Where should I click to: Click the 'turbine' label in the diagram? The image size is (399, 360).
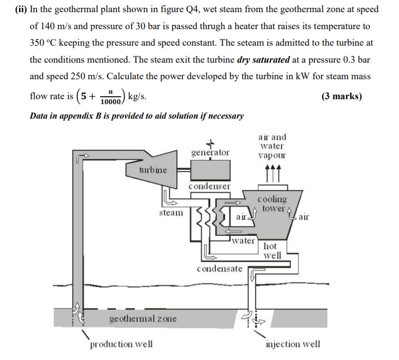point(153,170)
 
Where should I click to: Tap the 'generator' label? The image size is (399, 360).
point(210,153)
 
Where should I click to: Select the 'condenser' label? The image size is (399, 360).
point(210,186)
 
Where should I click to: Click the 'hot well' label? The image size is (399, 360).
point(272,251)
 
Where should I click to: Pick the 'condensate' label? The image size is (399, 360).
point(220,268)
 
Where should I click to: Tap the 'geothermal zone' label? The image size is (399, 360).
point(142,319)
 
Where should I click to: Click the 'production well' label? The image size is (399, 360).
point(121,344)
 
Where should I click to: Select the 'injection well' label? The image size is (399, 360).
point(293,344)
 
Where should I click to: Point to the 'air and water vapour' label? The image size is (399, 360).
point(272,146)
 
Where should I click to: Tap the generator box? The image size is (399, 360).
point(210,171)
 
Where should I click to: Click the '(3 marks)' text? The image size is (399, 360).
point(341,96)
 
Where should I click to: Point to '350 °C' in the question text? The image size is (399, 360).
point(43,43)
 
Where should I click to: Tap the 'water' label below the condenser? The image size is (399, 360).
point(243,240)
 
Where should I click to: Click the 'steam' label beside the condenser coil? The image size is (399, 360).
point(171,212)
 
